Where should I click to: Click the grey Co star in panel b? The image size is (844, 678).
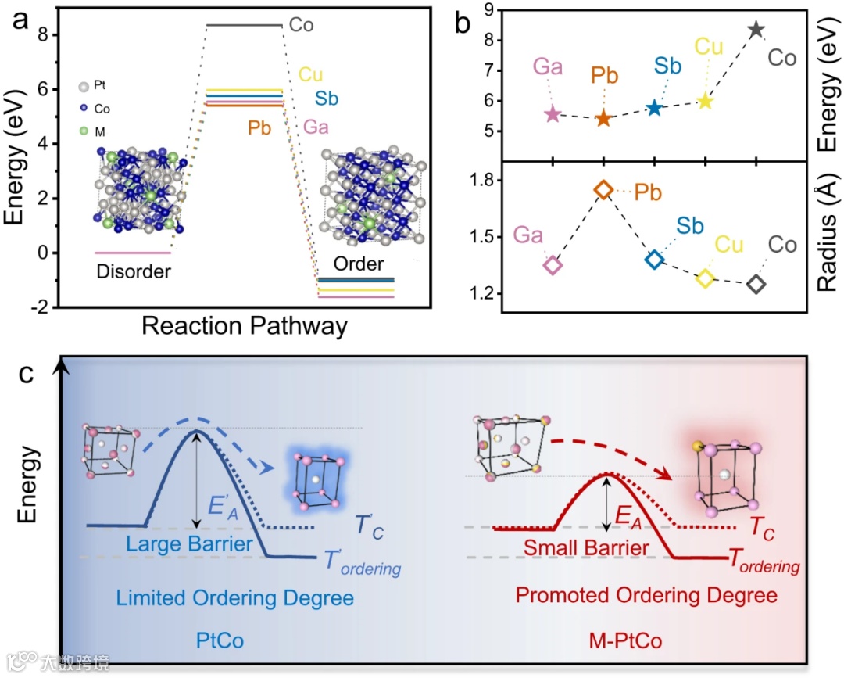point(756,30)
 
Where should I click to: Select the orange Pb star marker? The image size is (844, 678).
point(603,119)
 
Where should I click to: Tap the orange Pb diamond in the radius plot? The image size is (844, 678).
point(603,189)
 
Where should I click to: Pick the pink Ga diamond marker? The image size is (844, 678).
point(553,264)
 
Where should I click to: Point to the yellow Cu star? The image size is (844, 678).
point(706,102)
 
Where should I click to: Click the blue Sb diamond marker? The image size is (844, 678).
point(654,260)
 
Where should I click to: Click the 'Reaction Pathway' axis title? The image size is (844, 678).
point(245,326)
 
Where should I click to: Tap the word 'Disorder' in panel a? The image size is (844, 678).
point(134,271)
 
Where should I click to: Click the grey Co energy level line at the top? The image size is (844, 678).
point(244,25)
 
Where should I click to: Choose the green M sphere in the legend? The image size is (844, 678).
point(82,129)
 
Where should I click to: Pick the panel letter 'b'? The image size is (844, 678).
point(463,24)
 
